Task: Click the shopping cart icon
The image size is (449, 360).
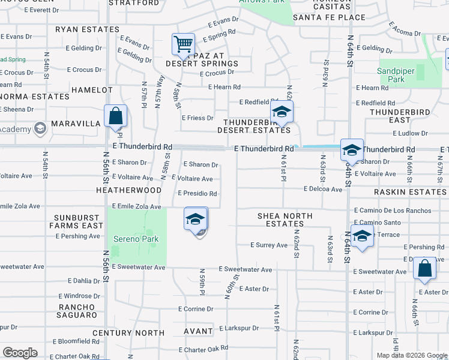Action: coord(183,44)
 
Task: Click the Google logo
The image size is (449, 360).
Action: coord(20,353)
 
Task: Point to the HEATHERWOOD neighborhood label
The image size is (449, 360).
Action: coord(128,190)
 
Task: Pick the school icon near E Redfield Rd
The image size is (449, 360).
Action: coord(281,111)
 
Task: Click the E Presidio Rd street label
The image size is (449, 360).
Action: coord(197,194)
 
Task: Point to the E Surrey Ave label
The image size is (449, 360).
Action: coord(269,245)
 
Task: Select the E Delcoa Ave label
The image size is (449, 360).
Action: coord(322,190)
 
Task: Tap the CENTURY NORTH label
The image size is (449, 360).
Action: coord(136,332)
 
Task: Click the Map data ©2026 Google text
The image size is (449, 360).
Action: coord(412,355)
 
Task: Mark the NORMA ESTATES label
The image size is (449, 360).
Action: coord(34,96)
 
